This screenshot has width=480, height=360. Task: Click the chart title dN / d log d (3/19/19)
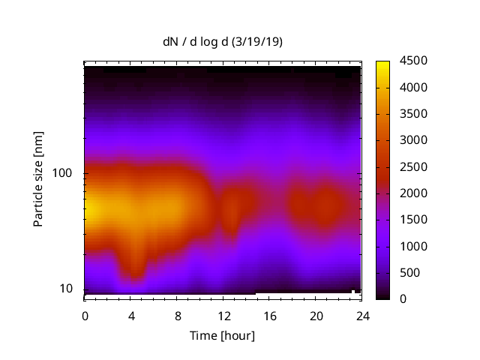[x=223, y=42]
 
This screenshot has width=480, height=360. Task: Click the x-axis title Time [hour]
[x=223, y=335]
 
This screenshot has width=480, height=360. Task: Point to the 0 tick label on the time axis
[x=85, y=315]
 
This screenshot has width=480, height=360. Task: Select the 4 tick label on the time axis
[x=131, y=315]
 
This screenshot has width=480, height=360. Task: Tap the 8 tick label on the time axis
[x=177, y=315]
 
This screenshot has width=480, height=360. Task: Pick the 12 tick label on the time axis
[x=223, y=315]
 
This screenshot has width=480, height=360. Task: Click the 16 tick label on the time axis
[x=269, y=315]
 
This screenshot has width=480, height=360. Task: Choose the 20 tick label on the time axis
[x=316, y=315]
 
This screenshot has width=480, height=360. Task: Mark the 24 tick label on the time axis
[x=361, y=315]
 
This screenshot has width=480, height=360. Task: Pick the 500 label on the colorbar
[x=407, y=273]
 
